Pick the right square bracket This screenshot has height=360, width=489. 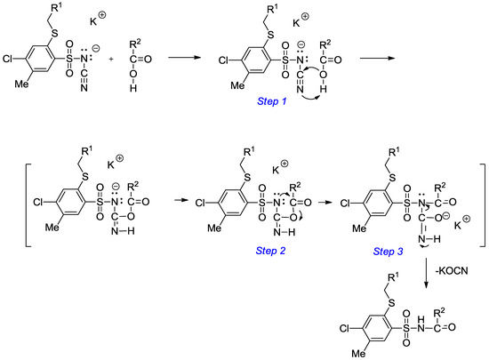point(481,196)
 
